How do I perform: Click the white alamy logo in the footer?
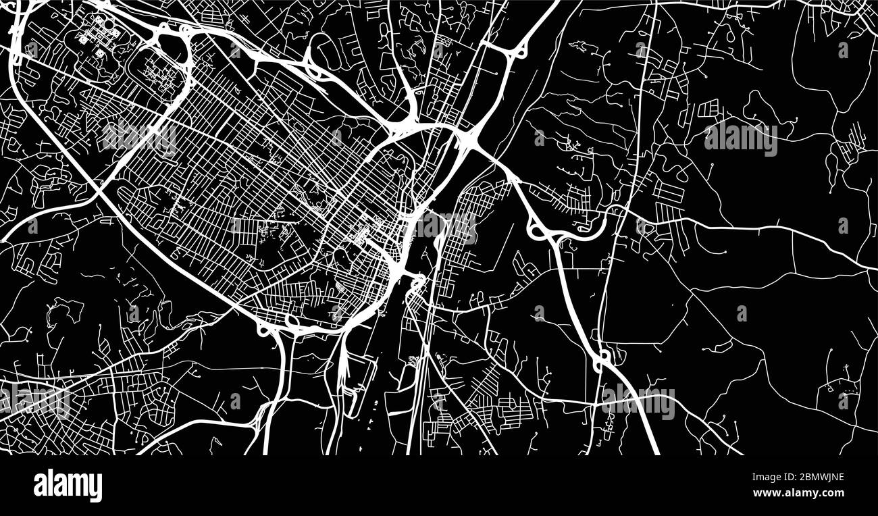68,485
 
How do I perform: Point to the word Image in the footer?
764,478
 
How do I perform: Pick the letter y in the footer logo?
95,488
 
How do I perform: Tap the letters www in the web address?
768,494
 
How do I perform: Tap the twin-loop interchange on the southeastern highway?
601,358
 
